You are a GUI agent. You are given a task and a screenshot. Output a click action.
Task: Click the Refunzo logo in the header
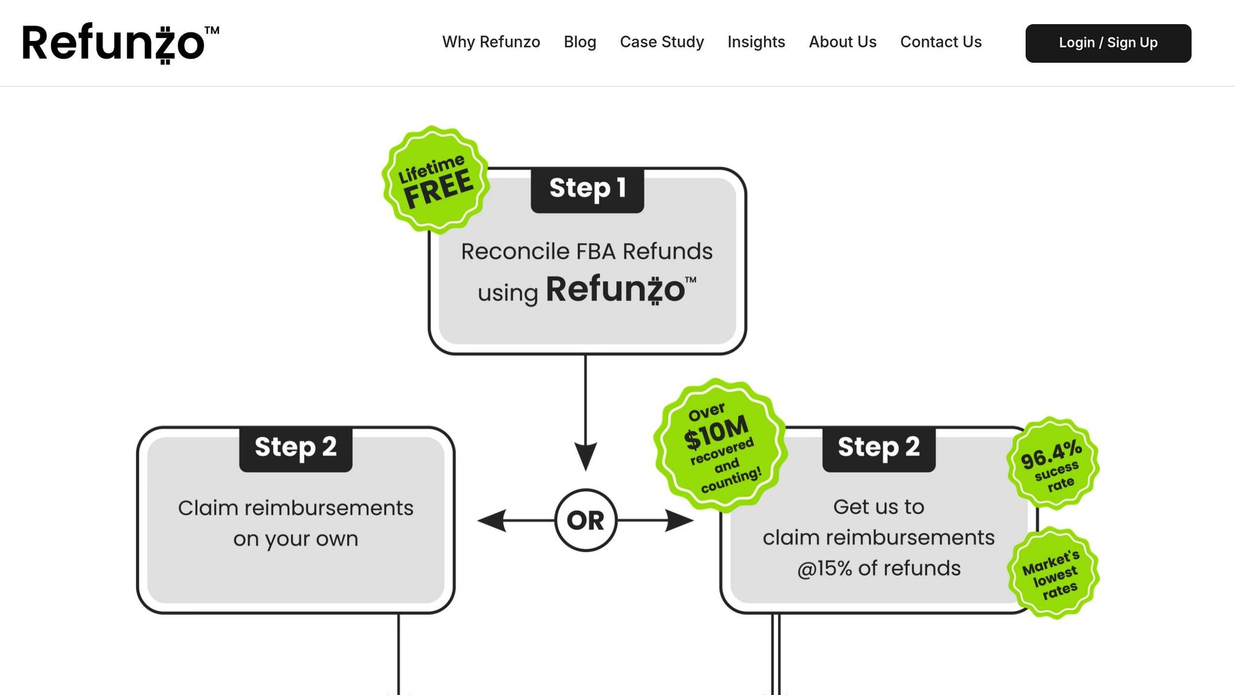click(x=121, y=43)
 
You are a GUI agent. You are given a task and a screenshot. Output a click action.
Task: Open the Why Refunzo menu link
click(x=491, y=42)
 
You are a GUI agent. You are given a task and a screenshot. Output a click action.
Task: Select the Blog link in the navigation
click(x=580, y=42)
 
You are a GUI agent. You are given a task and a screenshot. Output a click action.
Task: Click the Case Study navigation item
click(x=662, y=42)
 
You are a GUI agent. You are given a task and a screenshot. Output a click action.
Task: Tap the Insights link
click(x=756, y=42)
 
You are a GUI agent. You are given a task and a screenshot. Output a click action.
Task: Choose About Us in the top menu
click(x=842, y=42)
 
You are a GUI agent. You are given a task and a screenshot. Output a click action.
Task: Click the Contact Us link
click(x=941, y=42)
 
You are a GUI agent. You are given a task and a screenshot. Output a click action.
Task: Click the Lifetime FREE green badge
click(x=435, y=179)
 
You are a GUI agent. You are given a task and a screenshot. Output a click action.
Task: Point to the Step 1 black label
click(x=587, y=190)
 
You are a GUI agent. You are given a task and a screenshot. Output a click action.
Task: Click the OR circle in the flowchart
click(x=586, y=520)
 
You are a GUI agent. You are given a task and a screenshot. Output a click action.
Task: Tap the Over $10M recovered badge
click(x=721, y=446)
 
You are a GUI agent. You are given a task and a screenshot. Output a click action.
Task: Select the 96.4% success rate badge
click(x=1053, y=463)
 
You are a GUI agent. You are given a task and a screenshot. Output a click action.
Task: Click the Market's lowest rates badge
click(x=1053, y=573)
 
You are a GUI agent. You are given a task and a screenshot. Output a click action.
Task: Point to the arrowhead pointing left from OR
click(x=491, y=520)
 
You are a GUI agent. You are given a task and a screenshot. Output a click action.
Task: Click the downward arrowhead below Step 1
click(x=585, y=456)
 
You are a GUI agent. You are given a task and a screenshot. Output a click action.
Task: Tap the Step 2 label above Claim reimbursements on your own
click(x=295, y=449)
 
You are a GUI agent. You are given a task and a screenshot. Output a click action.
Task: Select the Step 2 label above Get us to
click(x=879, y=449)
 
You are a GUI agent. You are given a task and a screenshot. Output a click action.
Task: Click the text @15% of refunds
click(x=879, y=568)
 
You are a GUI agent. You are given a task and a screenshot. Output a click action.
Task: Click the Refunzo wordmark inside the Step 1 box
click(x=621, y=289)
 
